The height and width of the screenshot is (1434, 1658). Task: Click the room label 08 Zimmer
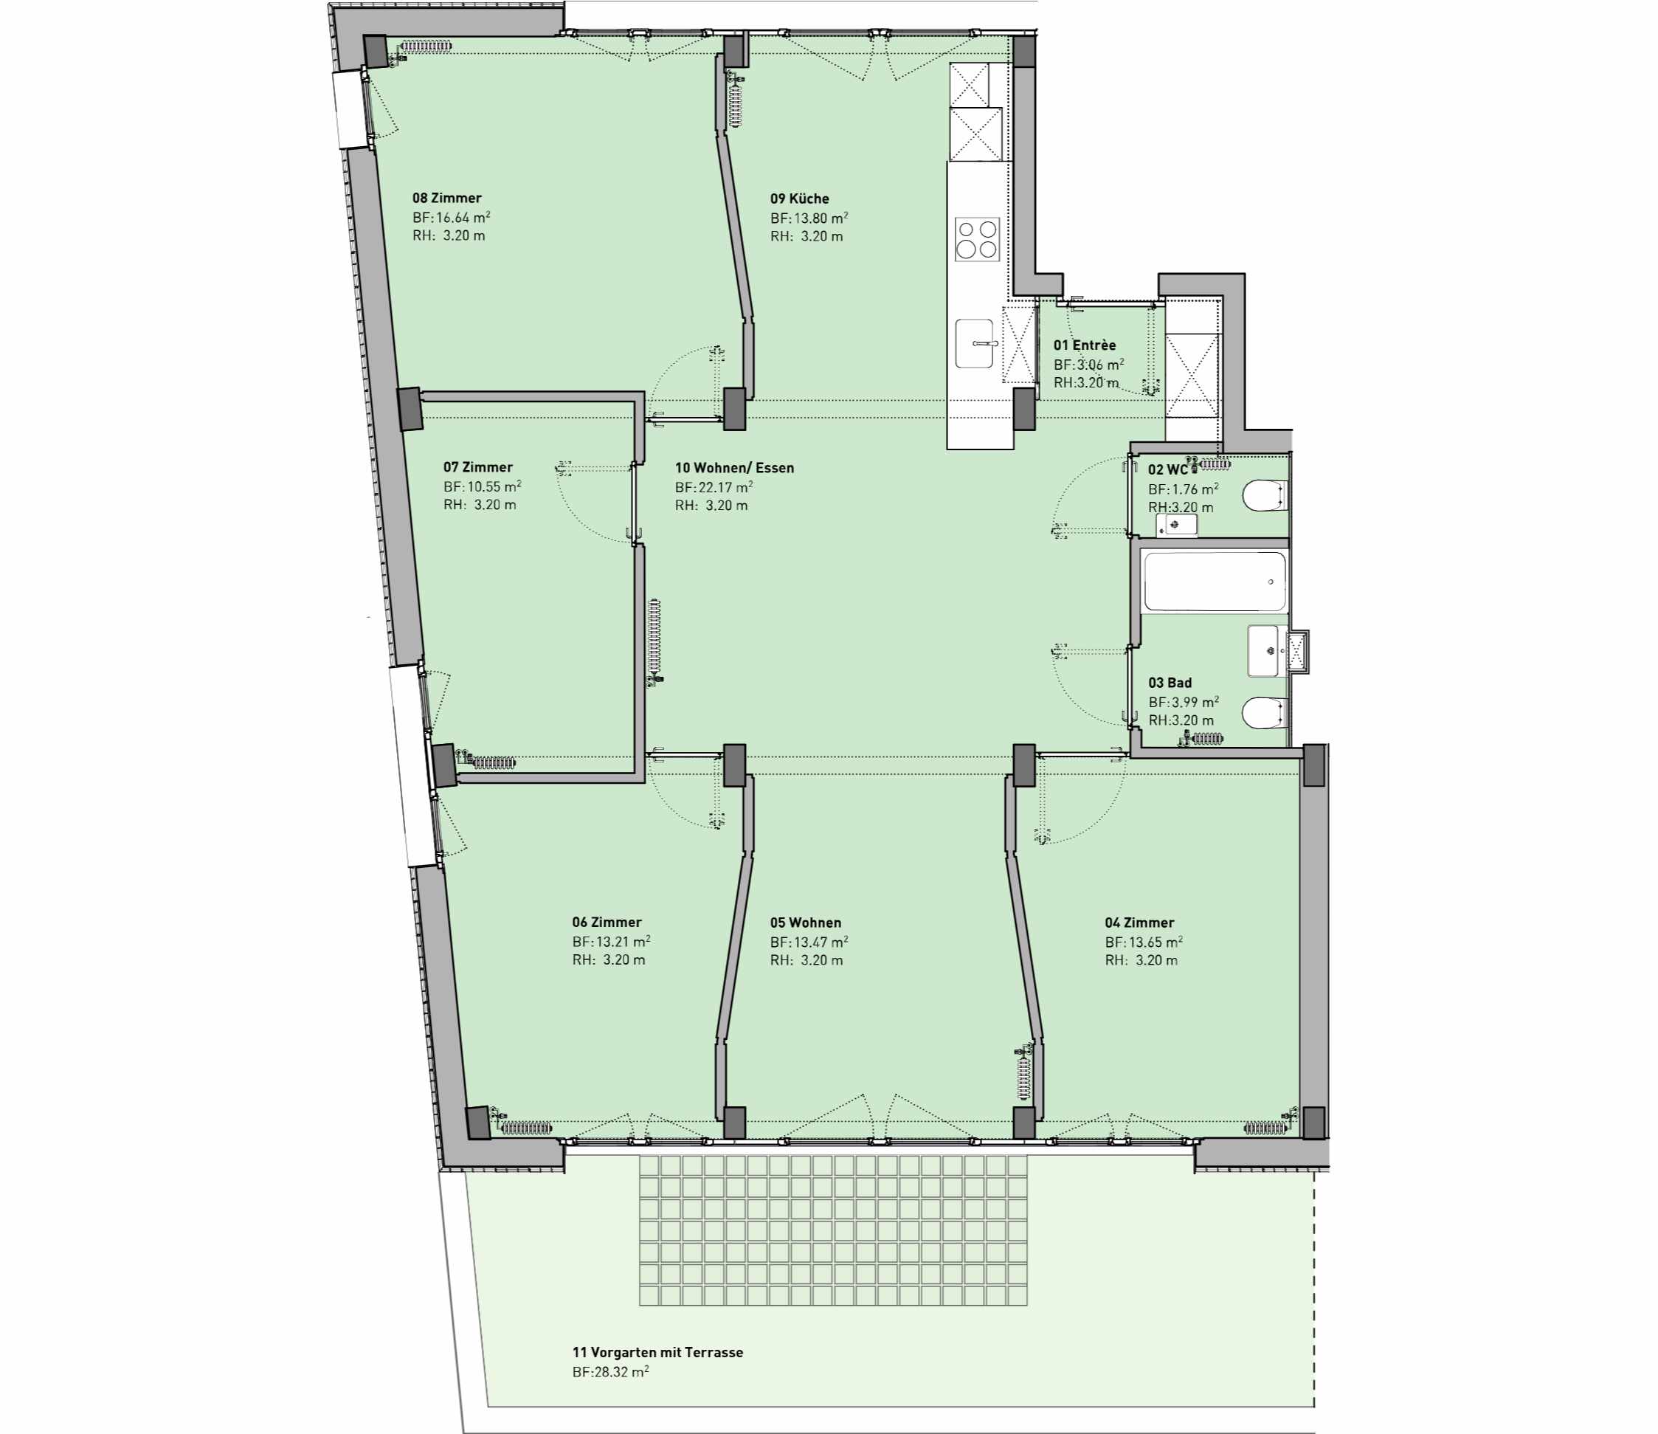[446, 198]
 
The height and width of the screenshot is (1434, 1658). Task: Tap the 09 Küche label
[799, 199]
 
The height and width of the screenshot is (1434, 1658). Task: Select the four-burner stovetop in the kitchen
[977, 239]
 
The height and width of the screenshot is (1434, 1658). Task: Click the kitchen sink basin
[975, 344]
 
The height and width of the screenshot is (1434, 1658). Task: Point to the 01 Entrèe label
[1084, 345]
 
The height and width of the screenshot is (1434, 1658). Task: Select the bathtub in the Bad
[1215, 582]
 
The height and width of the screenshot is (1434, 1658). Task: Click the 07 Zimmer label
[477, 466]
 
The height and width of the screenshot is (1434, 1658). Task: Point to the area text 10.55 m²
[494, 486]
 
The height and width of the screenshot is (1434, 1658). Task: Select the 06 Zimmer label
[607, 922]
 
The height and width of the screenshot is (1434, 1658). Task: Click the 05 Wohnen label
[806, 923]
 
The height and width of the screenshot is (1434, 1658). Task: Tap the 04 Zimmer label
[1139, 923]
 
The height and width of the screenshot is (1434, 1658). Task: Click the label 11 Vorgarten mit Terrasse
[657, 1352]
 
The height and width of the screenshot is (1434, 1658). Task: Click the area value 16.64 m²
[463, 217]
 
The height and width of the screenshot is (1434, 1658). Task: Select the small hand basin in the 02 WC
[1176, 525]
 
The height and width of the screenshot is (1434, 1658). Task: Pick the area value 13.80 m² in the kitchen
[821, 218]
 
